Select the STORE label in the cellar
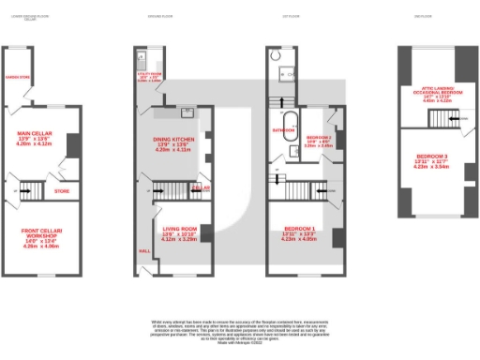click(62, 190)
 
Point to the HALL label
click(144, 250)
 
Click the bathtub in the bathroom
click(290, 119)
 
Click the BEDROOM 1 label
click(298, 228)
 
